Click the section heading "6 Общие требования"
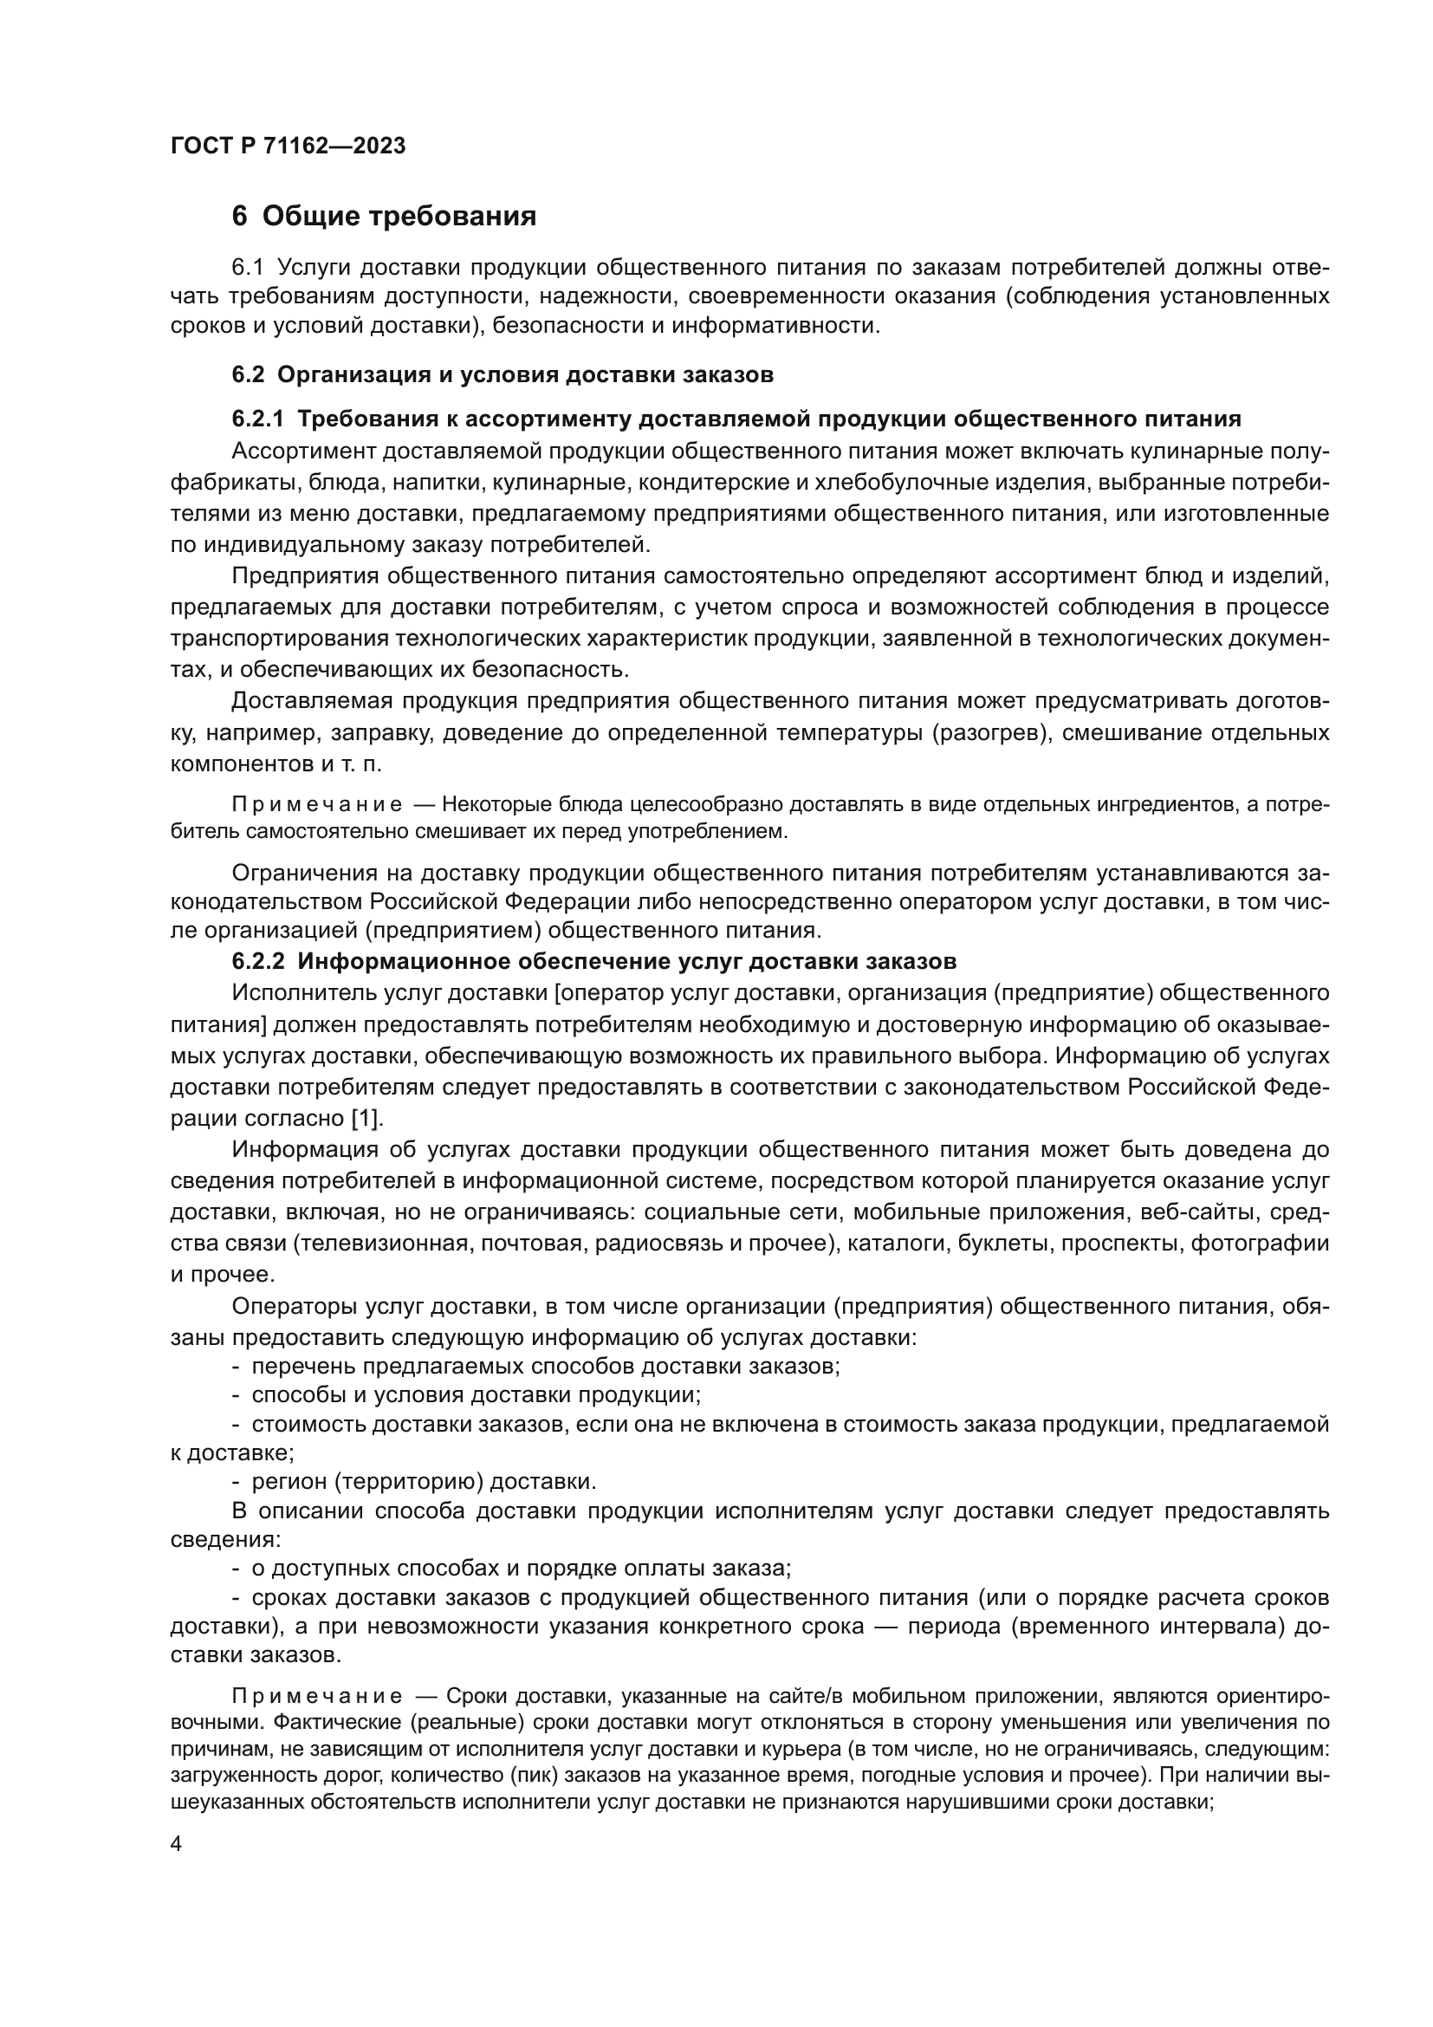click(x=384, y=217)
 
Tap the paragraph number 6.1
click(x=248, y=268)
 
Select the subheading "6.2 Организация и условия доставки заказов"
click(x=503, y=374)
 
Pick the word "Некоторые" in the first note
click(x=486, y=805)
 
